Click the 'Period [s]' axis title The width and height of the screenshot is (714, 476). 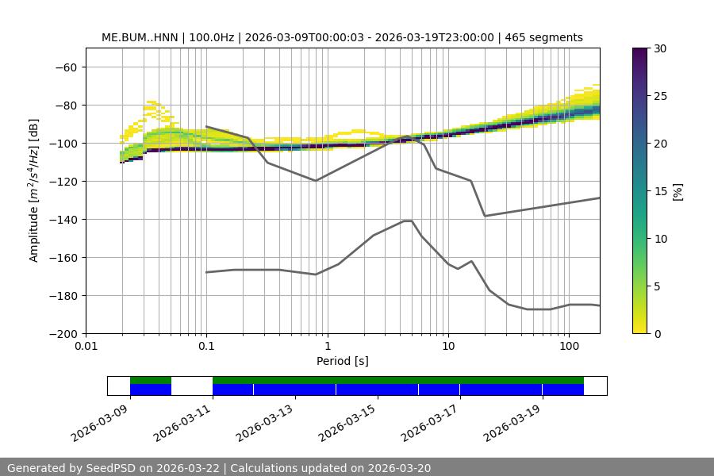[x=343, y=361]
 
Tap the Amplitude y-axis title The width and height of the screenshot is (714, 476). [x=34, y=191]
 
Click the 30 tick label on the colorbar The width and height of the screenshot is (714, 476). [x=660, y=48]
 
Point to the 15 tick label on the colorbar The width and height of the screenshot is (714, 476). [x=660, y=191]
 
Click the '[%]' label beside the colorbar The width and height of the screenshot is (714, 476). [x=678, y=191]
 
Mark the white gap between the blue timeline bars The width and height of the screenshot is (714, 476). [x=192, y=386]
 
